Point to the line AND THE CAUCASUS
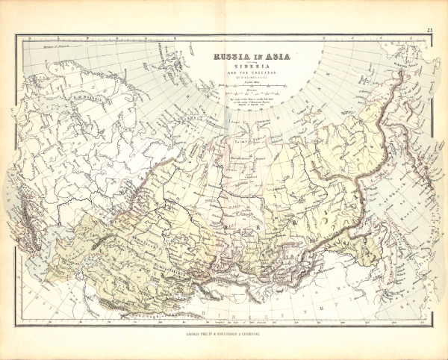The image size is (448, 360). tap(252, 72)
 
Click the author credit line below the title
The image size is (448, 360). tap(252, 77)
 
